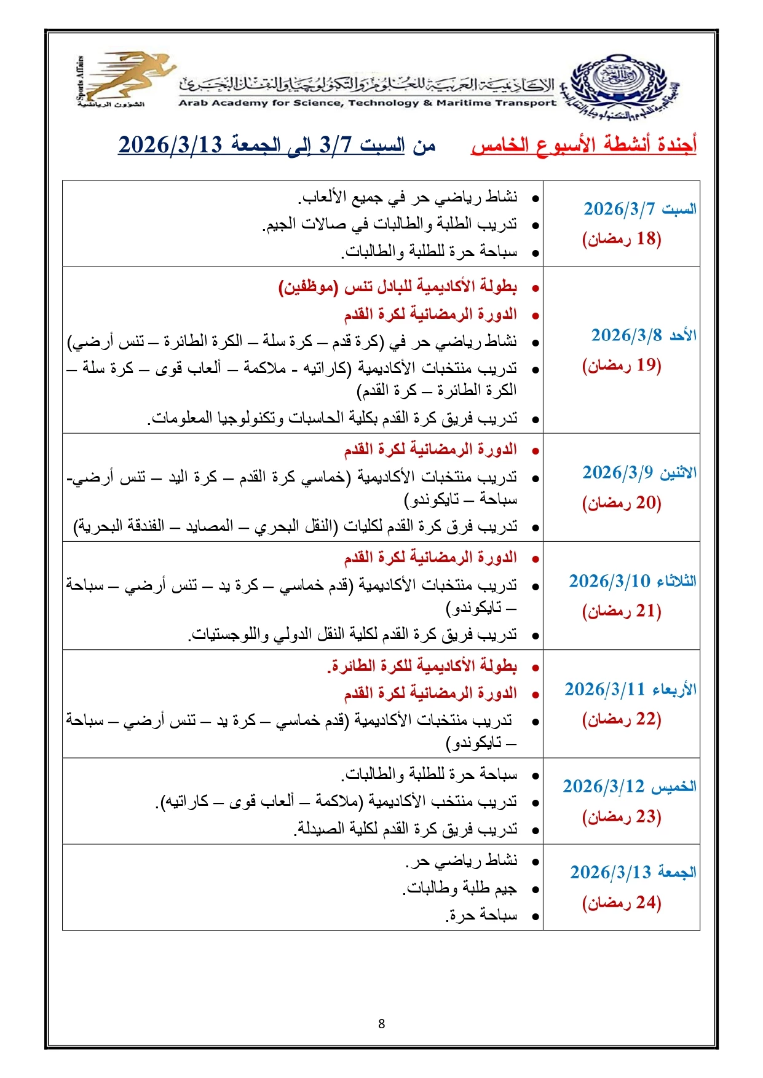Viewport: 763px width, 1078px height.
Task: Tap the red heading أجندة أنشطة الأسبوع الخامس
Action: tap(583, 146)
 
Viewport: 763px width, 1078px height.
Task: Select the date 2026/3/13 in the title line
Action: tap(170, 146)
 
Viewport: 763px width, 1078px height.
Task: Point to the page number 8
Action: tap(382, 1024)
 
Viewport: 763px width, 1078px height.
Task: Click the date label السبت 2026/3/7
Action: tap(639, 209)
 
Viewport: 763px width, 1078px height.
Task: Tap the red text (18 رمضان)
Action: tap(622, 239)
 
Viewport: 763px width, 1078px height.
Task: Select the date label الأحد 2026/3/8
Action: tap(643, 335)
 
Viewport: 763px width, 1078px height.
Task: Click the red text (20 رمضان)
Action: tap(622, 503)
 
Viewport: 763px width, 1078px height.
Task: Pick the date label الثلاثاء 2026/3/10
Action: tap(632, 581)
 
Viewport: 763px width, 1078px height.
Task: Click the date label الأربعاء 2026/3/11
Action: tap(630, 690)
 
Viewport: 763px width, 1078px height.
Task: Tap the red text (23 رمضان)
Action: tap(622, 817)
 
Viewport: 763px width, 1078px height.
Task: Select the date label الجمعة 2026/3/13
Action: tap(633, 872)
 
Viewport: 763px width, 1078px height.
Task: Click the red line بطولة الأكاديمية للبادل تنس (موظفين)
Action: tap(398, 287)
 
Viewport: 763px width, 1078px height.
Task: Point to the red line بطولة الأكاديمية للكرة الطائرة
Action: tap(422, 666)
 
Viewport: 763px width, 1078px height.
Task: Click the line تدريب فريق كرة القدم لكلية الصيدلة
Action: tap(406, 829)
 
